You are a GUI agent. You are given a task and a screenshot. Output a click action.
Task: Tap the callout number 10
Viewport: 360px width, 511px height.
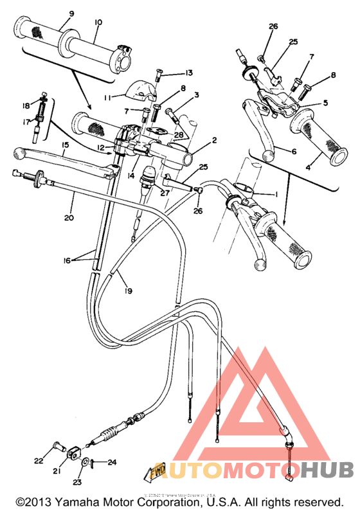tap(98, 22)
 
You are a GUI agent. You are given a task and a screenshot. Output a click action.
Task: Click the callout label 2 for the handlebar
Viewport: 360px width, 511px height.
tap(215, 140)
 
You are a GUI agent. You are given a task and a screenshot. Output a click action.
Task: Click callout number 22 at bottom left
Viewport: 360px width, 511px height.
tap(39, 460)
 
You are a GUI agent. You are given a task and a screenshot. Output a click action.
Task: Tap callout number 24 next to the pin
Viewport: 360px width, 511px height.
tap(112, 462)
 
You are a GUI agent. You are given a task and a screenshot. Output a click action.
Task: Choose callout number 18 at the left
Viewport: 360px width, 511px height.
tap(26, 105)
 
